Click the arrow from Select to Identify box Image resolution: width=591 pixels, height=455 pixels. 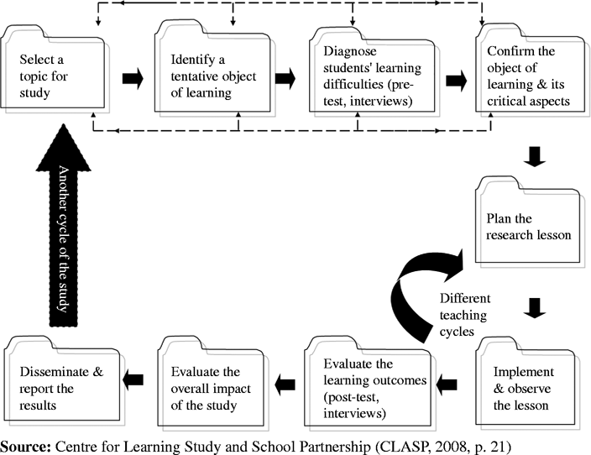(133, 80)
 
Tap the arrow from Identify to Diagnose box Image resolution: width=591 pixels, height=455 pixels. (286, 80)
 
